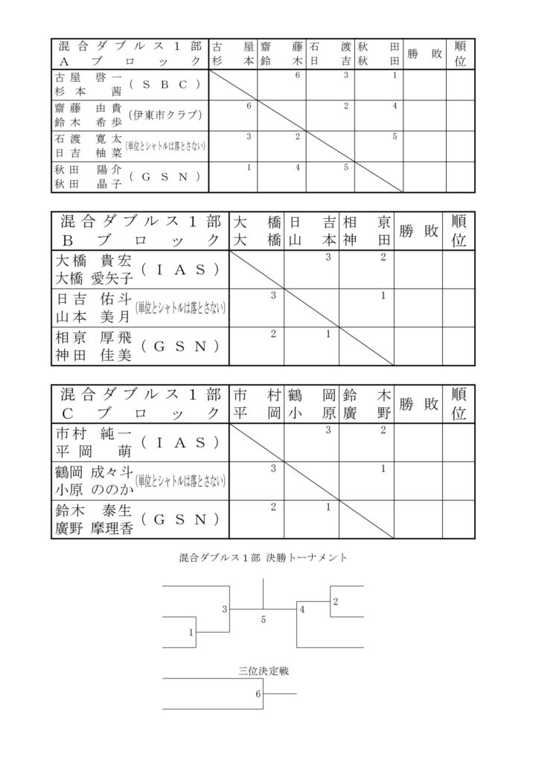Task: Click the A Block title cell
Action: [x=130, y=54]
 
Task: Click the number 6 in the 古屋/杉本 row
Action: [x=297, y=76]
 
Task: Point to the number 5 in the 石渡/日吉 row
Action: [x=394, y=136]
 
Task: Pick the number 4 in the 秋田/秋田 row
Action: [x=297, y=167]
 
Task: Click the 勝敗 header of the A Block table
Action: [x=424, y=54]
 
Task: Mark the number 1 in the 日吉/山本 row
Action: [x=383, y=295]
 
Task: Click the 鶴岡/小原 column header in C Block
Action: [x=312, y=403]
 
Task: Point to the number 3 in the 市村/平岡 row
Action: [x=328, y=430]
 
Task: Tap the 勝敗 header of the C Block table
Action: [x=418, y=403]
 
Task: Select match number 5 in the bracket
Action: [x=263, y=618]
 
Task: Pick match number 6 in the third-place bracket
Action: [x=258, y=695]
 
